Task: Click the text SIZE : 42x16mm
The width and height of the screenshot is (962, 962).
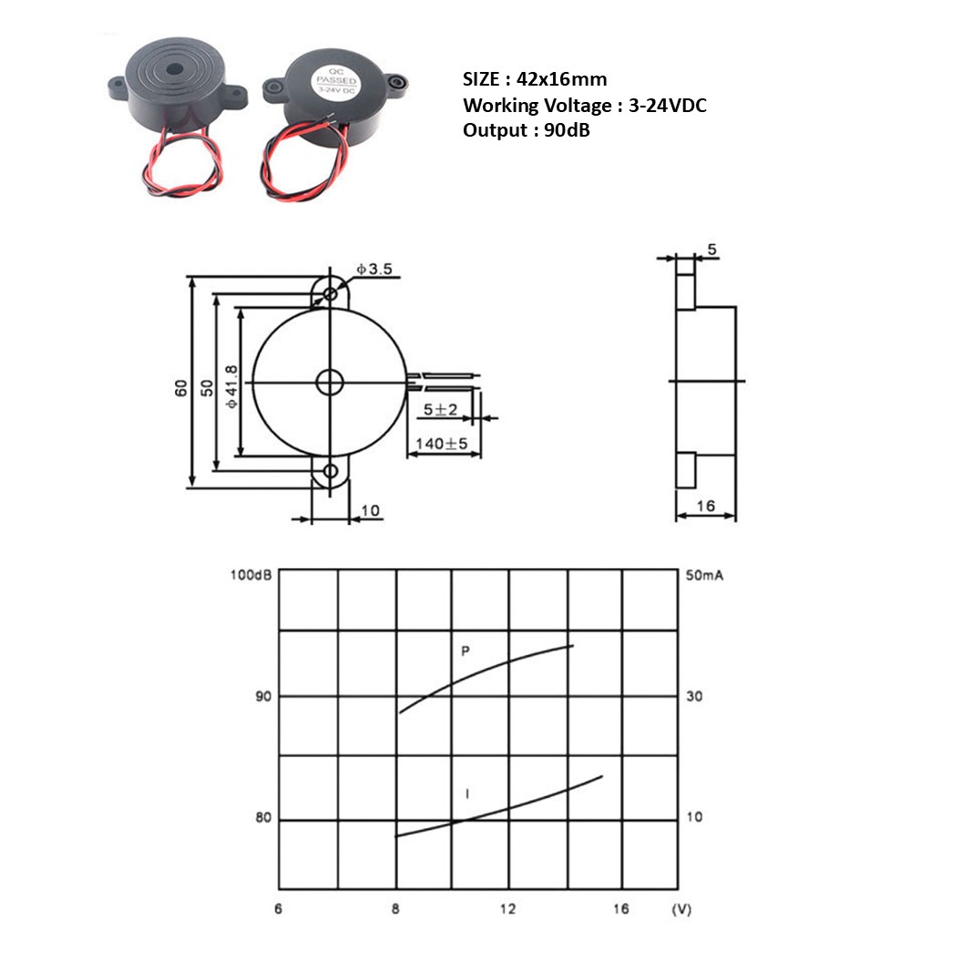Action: pyautogui.click(x=534, y=79)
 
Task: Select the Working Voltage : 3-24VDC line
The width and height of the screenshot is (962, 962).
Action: pyautogui.click(x=584, y=105)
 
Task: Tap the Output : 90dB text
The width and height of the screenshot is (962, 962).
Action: pyautogui.click(x=526, y=129)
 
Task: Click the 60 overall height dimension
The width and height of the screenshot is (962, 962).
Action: pyautogui.click(x=181, y=386)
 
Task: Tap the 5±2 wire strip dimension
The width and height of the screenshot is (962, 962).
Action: pyautogui.click(x=440, y=410)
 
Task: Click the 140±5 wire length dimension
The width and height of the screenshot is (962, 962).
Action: pyautogui.click(x=442, y=444)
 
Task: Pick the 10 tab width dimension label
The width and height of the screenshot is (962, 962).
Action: pyautogui.click(x=370, y=511)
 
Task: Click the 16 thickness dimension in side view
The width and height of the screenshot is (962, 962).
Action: pyautogui.click(x=704, y=506)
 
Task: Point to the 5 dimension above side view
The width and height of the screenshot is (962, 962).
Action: pyautogui.click(x=712, y=249)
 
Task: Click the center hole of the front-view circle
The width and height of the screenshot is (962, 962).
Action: pyautogui.click(x=329, y=383)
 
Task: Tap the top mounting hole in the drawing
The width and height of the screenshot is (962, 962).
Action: pyautogui.click(x=329, y=293)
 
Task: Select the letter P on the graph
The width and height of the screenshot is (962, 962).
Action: pyautogui.click(x=466, y=651)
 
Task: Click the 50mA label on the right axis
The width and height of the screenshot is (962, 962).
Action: pyautogui.click(x=706, y=576)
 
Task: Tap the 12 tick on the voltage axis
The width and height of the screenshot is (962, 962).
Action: pyautogui.click(x=507, y=908)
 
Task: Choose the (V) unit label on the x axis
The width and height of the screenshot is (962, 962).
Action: pyautogui.click(x=681, y=909)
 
